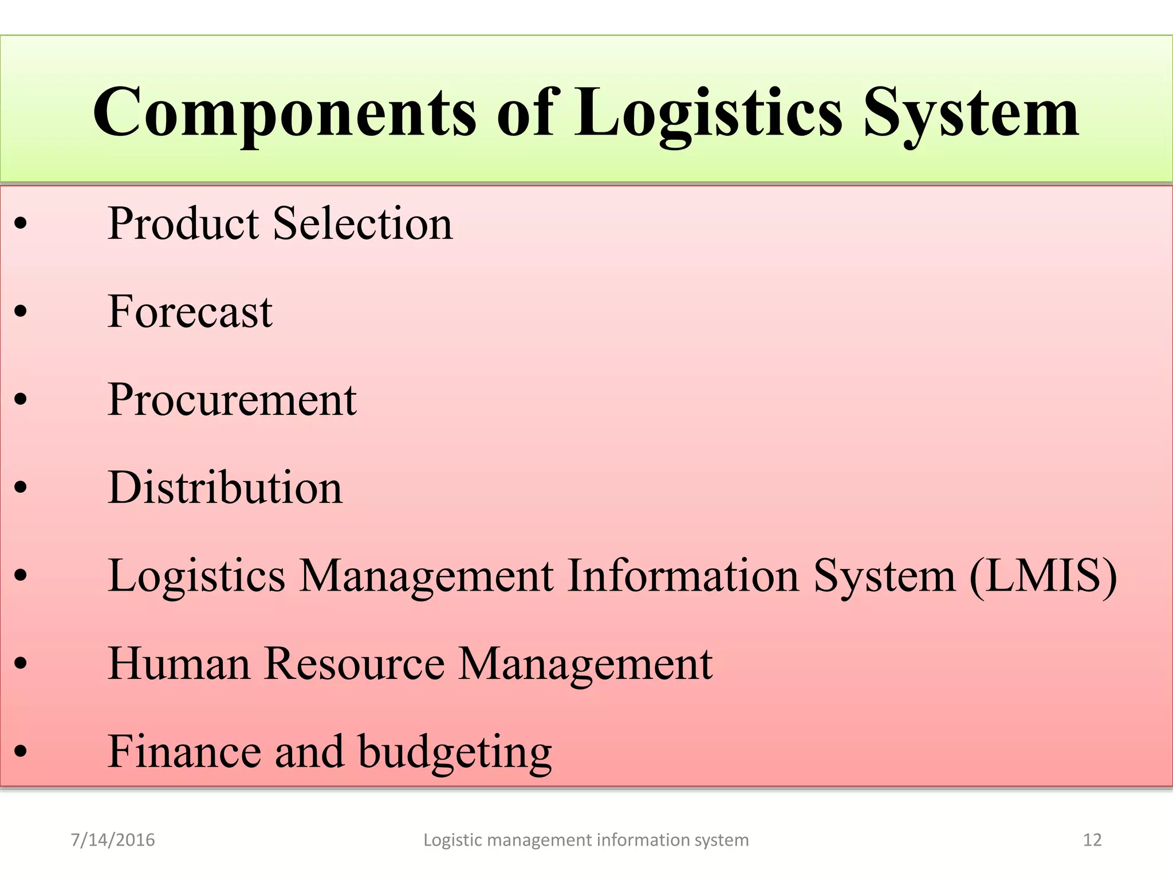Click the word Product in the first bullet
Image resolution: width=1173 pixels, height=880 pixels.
(x=183, y=223)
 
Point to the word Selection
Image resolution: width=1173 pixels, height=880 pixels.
(x=363, y=223)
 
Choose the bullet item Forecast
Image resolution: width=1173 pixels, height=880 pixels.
(x=190, y=311)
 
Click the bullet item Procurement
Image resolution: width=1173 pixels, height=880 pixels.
(x=232, y=399)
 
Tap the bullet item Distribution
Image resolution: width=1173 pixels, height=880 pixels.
(x=225, y=488)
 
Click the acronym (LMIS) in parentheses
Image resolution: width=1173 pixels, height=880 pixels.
(x=1043, y=576)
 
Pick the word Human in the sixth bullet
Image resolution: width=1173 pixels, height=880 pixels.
(x=179, y=663)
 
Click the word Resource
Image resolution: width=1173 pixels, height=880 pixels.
(x=355, y=663)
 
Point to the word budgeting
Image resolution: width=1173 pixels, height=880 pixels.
(x=455, y=752)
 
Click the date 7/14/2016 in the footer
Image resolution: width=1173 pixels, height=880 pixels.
(x=113, y=840)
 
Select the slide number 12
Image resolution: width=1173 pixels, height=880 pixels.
(x=1092, y=840)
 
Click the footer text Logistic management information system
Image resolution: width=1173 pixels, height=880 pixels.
(x=586, y=840)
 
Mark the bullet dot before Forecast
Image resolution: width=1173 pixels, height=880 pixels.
(x=21, y=312)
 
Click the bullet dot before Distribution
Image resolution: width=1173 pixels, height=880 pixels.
(x=21, y=488)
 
